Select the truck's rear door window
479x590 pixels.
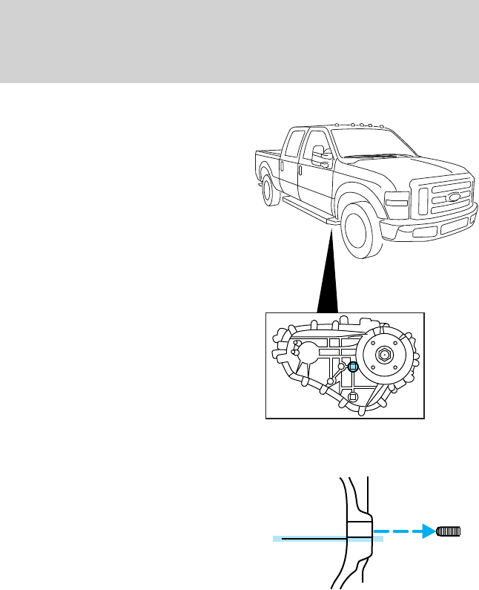294,141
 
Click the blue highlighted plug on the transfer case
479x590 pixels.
354,366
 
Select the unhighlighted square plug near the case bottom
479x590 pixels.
353,397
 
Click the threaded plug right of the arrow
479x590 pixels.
449,531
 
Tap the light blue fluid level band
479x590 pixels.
326,540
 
